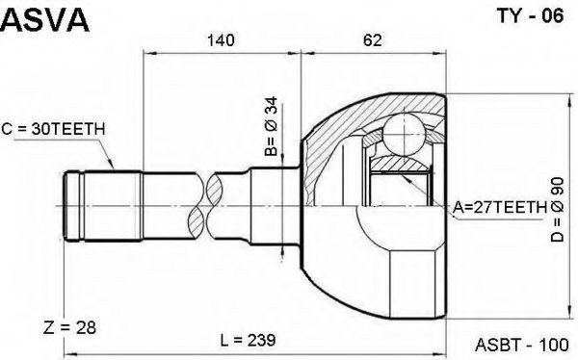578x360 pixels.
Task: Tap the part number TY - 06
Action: click(x=531, y=16)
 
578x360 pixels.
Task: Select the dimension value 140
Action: click(x=221, y=39)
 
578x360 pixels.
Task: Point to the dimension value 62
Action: click(x=373, y=39)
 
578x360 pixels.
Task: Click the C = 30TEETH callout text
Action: click(x=53, y=129)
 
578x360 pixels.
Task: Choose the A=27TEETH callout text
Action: click(x=500, y=208)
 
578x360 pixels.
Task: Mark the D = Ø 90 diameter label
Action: click(x=558, y=209)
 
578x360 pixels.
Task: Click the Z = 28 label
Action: click(x=69, y=327)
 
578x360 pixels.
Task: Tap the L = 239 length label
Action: click(x=248, y=340)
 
